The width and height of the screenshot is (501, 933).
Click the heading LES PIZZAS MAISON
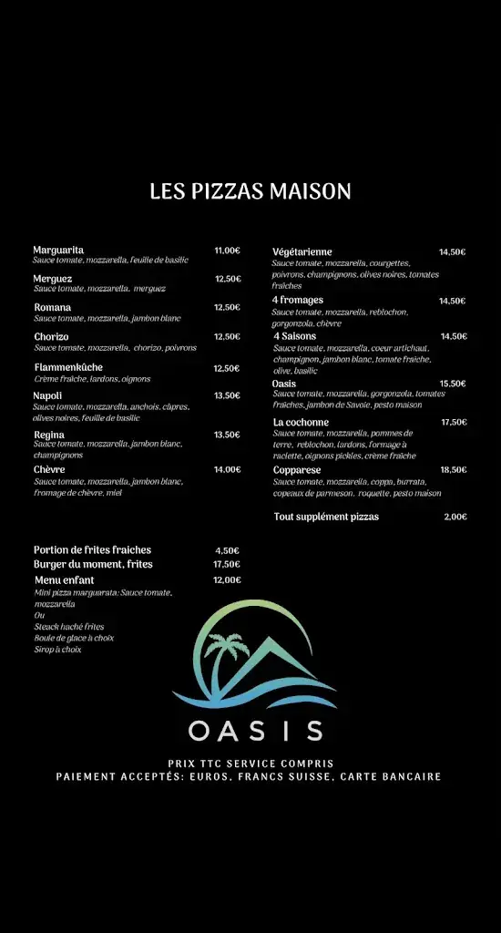point(250,191)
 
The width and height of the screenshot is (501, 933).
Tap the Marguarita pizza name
point(58,250)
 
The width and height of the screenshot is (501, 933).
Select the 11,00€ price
point(227,251)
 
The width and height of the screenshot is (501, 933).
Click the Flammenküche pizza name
point(68,368)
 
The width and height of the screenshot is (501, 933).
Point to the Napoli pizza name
point(47,395)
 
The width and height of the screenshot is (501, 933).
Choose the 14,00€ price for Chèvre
point(227,469)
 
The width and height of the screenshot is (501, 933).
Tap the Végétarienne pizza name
point(302,251)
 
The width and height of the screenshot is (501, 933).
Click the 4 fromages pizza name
point(297,300)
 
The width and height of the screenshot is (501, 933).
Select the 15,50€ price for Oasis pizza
point(453,384)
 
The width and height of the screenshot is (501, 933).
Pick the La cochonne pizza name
point(301,422)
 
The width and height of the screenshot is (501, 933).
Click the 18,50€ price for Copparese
point(453,469)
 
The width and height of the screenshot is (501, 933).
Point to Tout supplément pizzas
point(326,517)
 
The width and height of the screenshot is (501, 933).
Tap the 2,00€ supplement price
point(455,517)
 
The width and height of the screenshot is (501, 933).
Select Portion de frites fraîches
point(92,549)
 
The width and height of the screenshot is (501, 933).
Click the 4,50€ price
point(227,550)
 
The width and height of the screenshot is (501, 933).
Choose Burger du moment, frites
point(93,564)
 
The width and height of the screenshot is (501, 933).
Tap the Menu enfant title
point(64,579)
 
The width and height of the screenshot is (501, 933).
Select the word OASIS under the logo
point(255,731)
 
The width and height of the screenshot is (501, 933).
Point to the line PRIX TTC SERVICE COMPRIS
point(250,764)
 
